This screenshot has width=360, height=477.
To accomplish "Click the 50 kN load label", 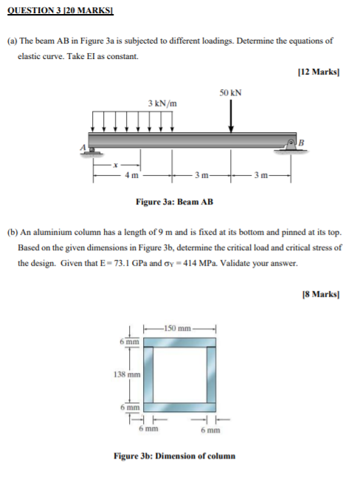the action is (230, 93).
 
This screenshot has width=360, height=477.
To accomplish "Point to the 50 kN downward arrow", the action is (231, 116).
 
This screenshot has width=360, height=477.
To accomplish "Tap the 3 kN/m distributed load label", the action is (163, 103).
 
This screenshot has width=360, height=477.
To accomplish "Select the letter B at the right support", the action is (302, 142).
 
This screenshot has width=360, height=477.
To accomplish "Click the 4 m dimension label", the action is (132, 175).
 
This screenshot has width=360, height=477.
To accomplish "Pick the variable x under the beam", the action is (115, 165).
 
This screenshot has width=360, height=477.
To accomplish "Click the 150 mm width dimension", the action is (177, 329).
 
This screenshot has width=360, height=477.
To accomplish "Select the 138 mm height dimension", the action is (127, 374).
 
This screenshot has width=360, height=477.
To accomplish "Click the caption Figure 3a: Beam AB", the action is (175, 202).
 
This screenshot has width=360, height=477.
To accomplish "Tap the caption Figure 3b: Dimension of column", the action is (175, 456).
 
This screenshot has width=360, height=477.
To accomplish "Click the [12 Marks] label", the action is (319, 72).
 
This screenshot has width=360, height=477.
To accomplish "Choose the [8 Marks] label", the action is (321, 294).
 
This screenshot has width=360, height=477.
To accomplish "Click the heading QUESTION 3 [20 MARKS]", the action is (60, 10).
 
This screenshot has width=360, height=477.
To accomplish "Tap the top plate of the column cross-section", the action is (180, 342).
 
